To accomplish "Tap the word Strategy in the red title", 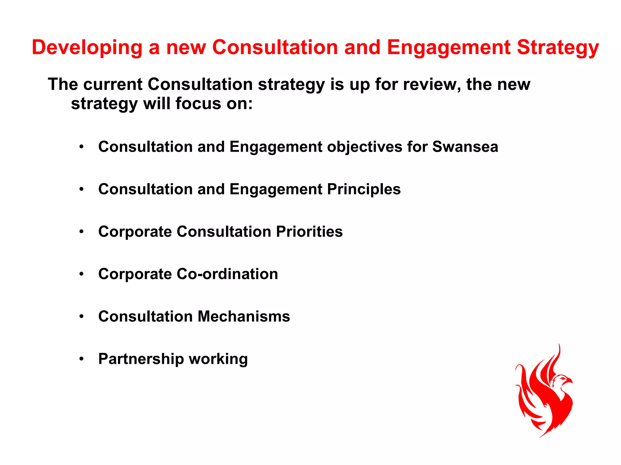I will coord(558,48).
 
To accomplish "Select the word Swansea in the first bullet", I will coord(465,147).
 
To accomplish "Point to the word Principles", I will coord(364,190).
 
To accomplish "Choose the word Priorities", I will coord(309,232).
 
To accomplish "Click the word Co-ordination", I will coord(227,274).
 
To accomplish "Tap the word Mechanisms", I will coord(244,317).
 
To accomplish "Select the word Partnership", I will coord(141,359).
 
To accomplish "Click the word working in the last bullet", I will coord(218,359).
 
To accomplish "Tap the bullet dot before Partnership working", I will coord(81,359).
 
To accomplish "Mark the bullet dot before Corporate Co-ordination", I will coord(81,274).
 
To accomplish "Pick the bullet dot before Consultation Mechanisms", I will coord(81,317).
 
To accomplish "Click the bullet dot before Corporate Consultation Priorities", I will coord(81,232).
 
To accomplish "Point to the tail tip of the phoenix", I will coord(542,436).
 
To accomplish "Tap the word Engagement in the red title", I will coord(449,48).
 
